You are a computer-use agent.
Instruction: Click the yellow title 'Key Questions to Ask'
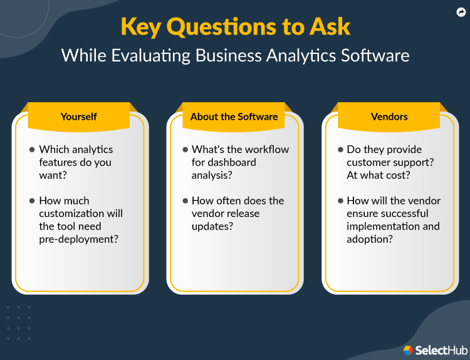tap(235, 27)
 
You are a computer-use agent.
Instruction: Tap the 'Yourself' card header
tap(78, 117)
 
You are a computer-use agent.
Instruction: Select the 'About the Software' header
tap(234, 117)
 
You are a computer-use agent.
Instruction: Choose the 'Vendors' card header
tap(389, 117)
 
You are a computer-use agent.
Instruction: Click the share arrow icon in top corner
tap(461, 12)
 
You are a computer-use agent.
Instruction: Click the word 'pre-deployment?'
tap(78, 239)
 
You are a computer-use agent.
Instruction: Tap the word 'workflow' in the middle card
tap(263, 149)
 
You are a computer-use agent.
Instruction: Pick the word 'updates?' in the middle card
tap(212, 226)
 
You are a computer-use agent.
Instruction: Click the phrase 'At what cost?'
tap(378, 175)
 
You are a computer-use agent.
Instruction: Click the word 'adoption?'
tap(370, 239)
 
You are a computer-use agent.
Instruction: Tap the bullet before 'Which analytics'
tap(32, 149)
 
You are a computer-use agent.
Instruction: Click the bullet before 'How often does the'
tap(185, 201)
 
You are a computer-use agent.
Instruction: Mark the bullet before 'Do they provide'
tap(340, 149)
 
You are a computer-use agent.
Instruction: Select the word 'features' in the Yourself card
tap(58, 162)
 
